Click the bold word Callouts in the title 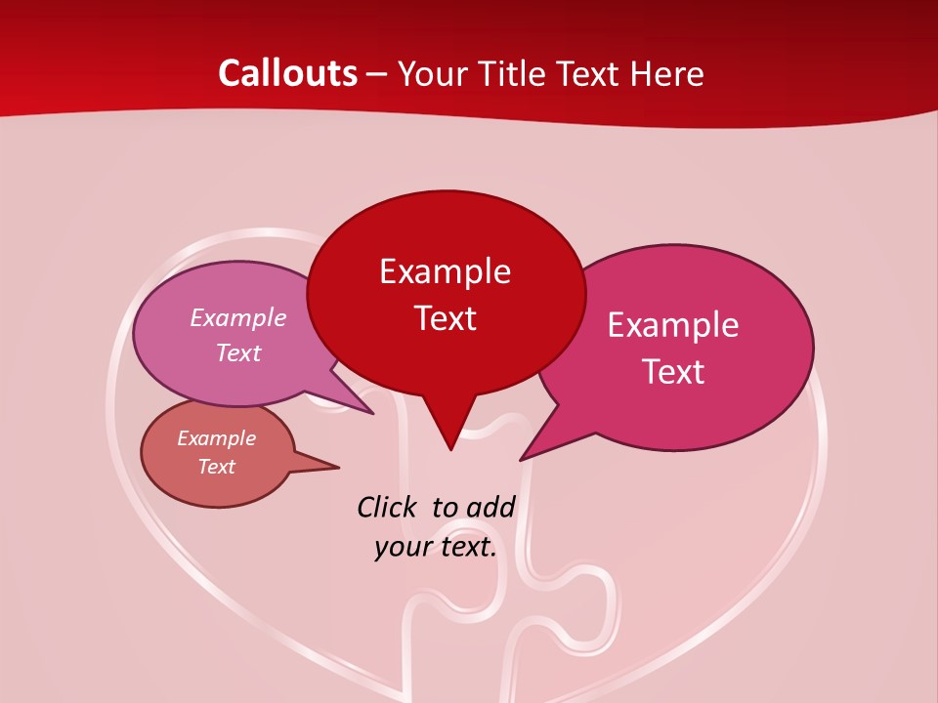pos(287,73)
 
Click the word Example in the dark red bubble pos(445,271)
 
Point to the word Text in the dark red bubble pos(445,318)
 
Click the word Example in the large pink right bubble pos(673,325)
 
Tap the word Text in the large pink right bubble pos(673,372)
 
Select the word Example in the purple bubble pos(238,318)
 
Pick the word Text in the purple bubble pos(238,353)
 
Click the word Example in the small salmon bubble pos(217,438)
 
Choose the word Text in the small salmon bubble pos(217,467)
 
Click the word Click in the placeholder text pos(387,507)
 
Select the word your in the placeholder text pos(402,548)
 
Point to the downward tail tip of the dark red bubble pos(449,449)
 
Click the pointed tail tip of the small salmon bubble pos(338,467)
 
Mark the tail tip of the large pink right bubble pos(521,460)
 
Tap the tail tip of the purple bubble pos(373,414)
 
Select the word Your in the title pos(431,73)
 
